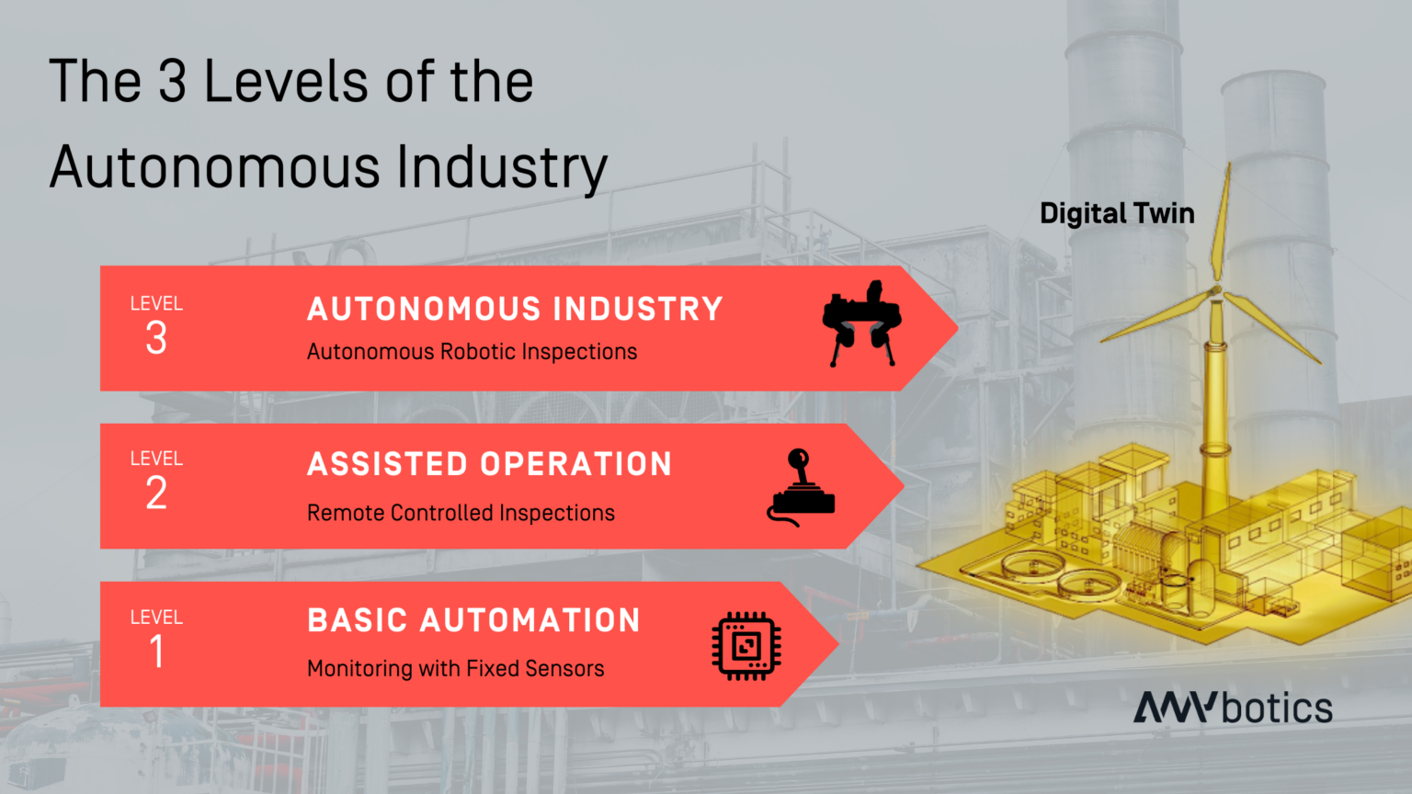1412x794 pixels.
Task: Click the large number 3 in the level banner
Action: click(156, 338)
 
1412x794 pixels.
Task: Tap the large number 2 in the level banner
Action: click(156, 493)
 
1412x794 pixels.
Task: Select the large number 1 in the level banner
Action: click(157, 652)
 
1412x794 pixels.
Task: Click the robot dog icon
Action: click(861, 324)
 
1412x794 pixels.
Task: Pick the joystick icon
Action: click(802, 488)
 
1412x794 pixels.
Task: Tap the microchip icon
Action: click(746, 646)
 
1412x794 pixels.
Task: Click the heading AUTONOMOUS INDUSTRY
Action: click(515, 309)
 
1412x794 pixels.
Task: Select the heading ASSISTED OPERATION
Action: click(489, 464)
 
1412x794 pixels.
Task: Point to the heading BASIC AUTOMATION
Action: click(473, 620)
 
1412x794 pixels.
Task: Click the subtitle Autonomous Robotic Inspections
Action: click(472, 352)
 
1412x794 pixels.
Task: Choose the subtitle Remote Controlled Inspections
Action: click(461, 513)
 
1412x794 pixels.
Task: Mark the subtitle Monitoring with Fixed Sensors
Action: click(455, 669)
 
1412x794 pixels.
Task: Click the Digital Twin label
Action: click(1117, 213)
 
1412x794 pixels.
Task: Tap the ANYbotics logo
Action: click(1233, 708)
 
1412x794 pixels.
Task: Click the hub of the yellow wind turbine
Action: click(1216, 291)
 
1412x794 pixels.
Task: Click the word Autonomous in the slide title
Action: click(214, 167)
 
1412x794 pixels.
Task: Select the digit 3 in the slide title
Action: click(172, 81)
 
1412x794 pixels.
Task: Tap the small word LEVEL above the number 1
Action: click(156, 618)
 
